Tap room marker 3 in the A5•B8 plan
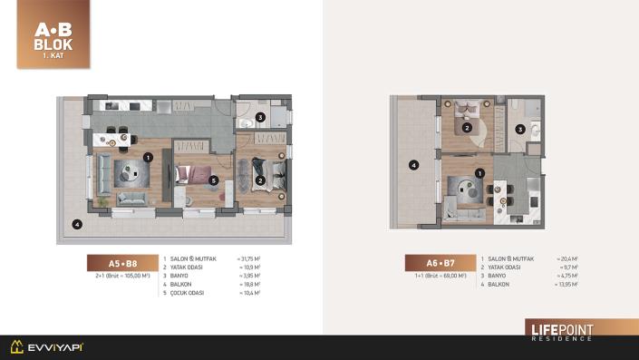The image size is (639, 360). tap(260, 117)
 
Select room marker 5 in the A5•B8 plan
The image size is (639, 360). tap(213, 180)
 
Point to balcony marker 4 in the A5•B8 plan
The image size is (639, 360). tap(78, 224)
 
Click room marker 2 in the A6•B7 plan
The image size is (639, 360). tap(466, 128)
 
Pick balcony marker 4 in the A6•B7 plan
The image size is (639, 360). tap(413, 165)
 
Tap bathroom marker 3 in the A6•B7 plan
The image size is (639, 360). tap(519, 130)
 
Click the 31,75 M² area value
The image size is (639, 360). tap(249, 258)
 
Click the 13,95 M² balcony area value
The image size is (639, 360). tap(566, 285)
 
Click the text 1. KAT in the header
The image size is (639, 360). tap(53, 56)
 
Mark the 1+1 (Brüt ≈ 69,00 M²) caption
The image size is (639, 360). tap(439, 275)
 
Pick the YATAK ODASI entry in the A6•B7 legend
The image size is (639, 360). tap(507, 268)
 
